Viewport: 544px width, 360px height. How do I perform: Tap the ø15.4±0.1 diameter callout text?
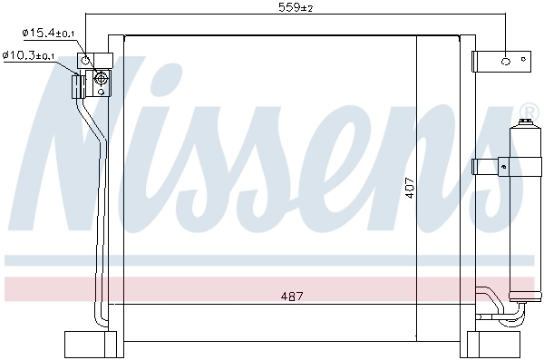tap(49, 34)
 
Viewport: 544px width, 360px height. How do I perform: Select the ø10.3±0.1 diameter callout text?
tap(28, 56)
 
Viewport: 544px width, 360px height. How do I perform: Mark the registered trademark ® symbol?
tap(527, 112)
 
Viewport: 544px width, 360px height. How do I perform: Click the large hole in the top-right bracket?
tap(507, 62)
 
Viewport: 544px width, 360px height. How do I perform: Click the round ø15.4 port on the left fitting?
tap(86, 61)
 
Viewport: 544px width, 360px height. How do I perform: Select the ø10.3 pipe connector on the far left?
tap(77, 85)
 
